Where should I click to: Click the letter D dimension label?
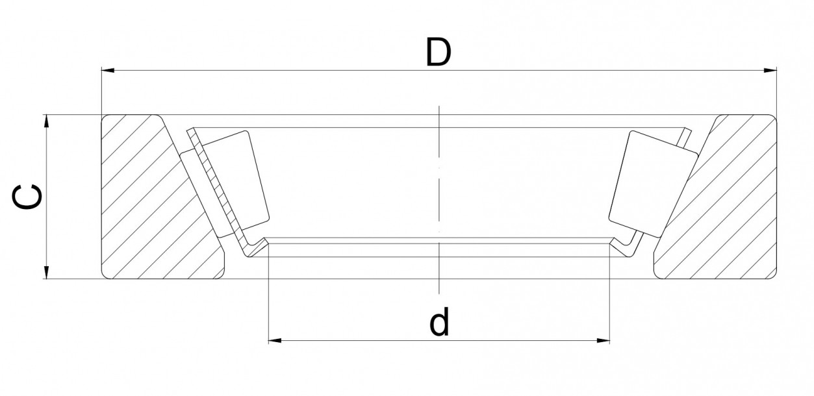tap(439, 53)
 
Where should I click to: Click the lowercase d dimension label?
tap(440, 323)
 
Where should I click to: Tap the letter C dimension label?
tap(29, 197)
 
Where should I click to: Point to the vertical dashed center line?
tap(440, 195)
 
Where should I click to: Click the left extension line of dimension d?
tap(269, 299)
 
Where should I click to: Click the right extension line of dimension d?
tap(609, 299)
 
